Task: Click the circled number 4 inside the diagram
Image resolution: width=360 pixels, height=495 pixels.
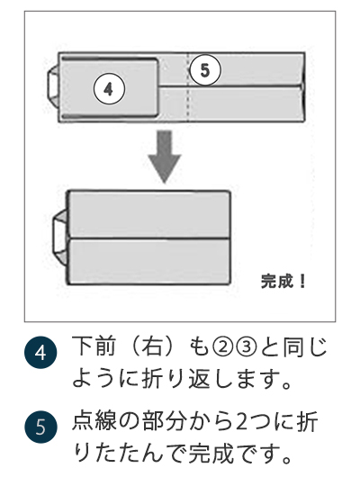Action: (x=108, y=89)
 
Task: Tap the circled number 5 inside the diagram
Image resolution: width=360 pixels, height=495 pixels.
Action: (x=206, y=69)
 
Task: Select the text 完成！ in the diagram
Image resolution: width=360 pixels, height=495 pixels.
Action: (x=283, y=280)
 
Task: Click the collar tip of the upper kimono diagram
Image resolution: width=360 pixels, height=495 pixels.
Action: (x=53, y=87)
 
